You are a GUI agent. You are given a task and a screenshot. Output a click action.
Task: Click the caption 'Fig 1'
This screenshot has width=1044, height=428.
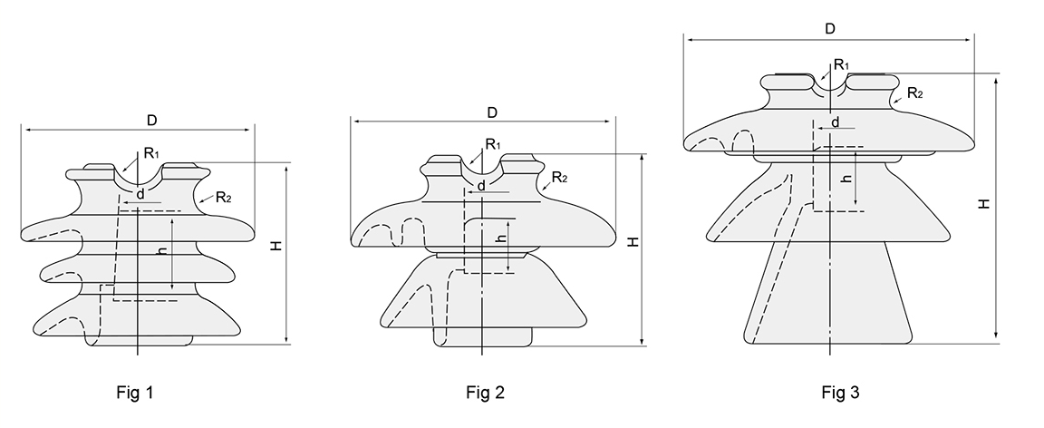[x=134, y=393]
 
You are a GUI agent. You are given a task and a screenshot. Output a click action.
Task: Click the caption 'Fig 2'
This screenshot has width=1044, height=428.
[x=486, y=393]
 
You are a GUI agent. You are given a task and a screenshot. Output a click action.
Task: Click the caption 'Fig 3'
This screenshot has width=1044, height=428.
[x=840, y=393]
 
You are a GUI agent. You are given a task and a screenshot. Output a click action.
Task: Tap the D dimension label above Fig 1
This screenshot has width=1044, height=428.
[x=152, y=121]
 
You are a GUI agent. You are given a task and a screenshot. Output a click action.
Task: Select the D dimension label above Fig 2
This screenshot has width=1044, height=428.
[x=492, y=112]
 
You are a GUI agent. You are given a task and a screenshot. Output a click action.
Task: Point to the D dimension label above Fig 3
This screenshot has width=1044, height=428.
[x=829, y=29]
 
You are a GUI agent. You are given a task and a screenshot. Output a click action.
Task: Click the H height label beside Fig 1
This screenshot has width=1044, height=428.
[x=276, y=246]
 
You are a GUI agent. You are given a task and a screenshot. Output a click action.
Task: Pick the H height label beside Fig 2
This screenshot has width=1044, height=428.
[x=633, y=241]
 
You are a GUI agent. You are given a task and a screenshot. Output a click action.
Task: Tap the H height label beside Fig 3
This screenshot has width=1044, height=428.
[x=983, y=204]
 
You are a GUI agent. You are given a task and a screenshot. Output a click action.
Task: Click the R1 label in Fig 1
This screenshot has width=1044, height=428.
[x=152, y=153]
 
